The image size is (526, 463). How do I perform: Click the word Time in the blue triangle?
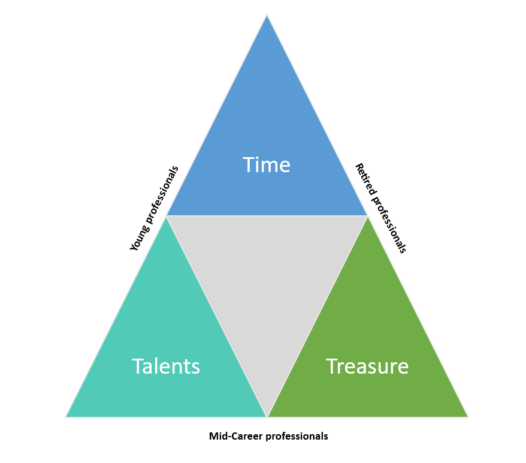267,165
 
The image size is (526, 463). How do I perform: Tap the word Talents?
166,366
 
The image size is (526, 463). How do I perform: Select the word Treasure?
367,366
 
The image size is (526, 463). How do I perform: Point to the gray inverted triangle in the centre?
267,282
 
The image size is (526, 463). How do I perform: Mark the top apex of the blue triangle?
267,15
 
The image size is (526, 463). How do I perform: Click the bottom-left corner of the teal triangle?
66,416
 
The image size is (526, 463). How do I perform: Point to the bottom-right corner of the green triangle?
467,416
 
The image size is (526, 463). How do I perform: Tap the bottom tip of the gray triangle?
267,416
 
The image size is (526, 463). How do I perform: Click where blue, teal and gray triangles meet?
167,216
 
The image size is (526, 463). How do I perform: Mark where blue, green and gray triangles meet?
367,216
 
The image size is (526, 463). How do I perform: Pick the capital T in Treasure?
331,366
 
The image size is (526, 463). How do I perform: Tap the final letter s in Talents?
195,367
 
